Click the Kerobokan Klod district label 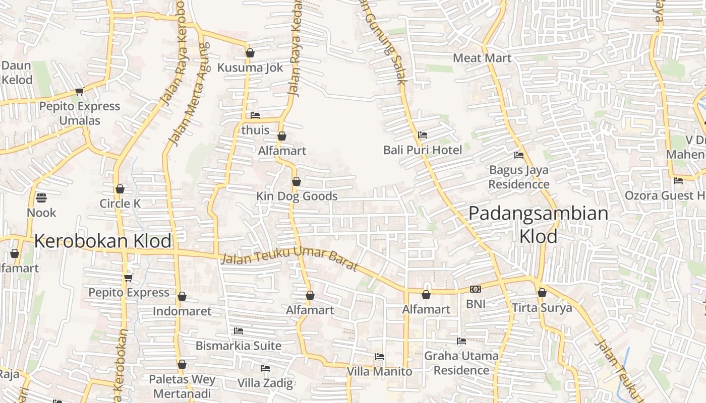(x=103, y=241)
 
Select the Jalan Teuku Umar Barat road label (x=289, y=260)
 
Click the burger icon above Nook (x=41, y=197)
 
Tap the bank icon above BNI (x=476, y=289)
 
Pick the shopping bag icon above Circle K (x=120, y=189)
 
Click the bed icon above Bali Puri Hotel (x=423, y=135)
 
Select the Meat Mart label (x=482, y=58)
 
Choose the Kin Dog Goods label (x=297, y=196)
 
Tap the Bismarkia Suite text (x=239, y=346)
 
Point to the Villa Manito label (x=379, y=372)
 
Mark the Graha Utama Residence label (x=461, y=363)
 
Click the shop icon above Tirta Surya (x=542, y=293)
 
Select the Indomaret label (x=182, y=311)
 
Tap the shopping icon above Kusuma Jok (x=250, y=53)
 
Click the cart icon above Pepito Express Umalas (x=79, y=92)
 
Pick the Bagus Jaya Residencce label (x=518, y=177)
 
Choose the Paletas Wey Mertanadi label (x=182, y=386)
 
